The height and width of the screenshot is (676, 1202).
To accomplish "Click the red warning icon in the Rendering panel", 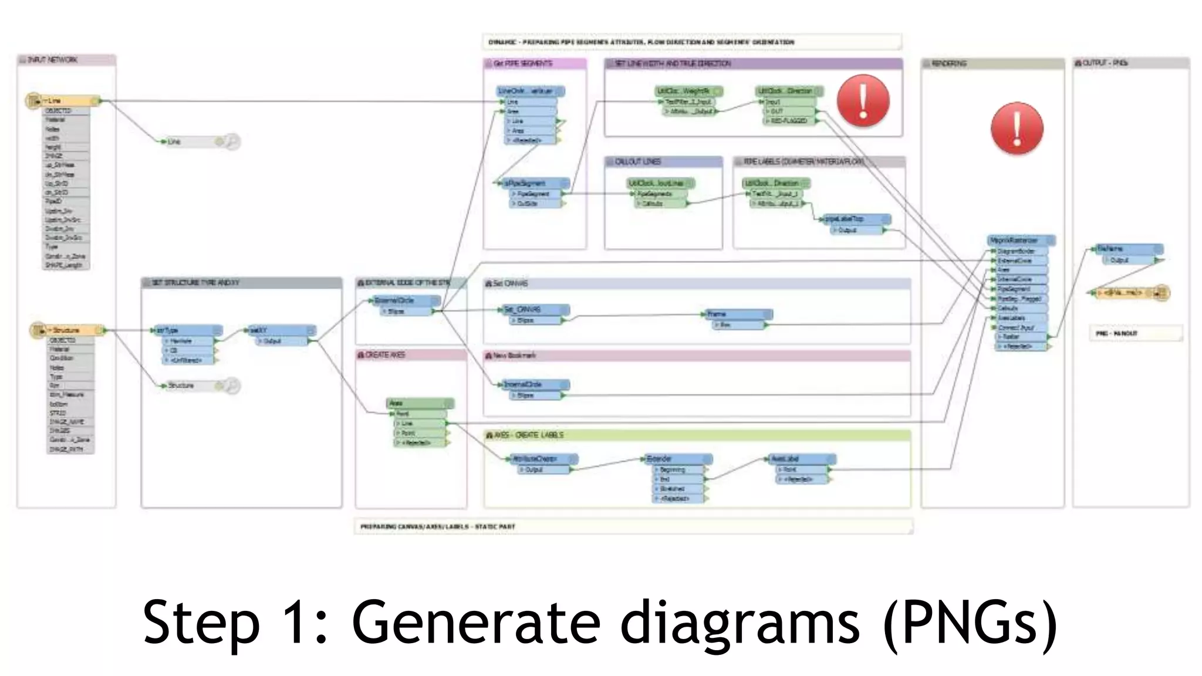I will (1017, 129).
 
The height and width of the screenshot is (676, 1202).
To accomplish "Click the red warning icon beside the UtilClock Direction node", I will (863, 100).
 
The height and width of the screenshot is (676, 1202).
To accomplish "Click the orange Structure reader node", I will (68, 330).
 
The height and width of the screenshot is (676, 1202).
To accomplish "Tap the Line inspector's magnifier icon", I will (232, 141).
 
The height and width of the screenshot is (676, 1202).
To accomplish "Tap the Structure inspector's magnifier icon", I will (232, 386).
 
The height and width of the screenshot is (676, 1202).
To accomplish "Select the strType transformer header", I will (187, 330).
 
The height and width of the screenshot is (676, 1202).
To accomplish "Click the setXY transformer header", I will (281, 330).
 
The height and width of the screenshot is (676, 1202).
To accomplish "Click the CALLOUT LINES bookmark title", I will (637, 161).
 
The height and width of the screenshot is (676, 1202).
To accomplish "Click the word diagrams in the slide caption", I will (740, 621).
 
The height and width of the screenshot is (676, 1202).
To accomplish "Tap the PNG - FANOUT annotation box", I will (1135, 333).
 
